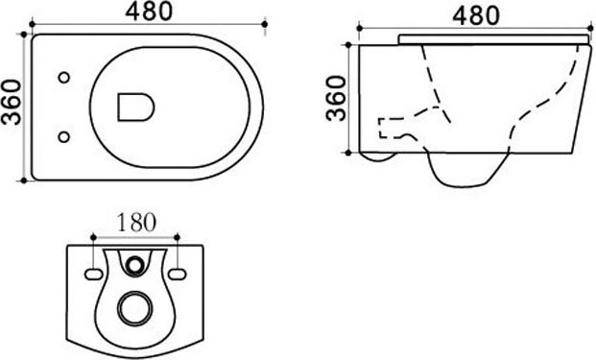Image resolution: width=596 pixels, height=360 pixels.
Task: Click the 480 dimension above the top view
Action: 149,12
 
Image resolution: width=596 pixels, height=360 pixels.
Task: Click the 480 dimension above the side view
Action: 476,16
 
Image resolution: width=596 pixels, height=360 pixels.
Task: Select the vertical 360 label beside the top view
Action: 11,102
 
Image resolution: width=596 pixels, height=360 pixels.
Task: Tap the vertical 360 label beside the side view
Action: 337,99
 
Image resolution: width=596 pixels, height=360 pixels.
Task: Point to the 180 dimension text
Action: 136,223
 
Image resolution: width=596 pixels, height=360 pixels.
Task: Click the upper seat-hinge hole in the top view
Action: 64,78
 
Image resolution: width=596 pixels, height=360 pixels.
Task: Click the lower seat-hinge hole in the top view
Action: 64,137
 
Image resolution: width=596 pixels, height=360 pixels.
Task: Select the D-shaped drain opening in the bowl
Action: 135,108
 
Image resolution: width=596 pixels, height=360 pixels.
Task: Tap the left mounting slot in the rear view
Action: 93,275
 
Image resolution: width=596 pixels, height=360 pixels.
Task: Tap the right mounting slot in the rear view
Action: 178,275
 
